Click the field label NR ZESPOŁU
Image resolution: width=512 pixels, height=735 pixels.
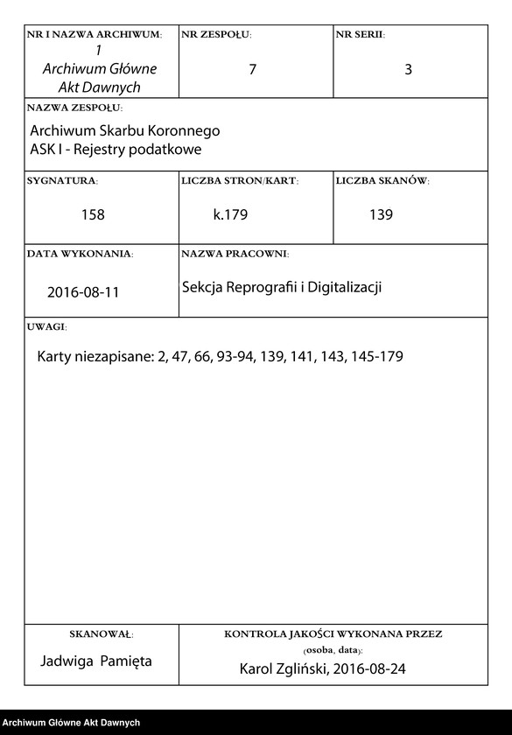[x=215, y=34]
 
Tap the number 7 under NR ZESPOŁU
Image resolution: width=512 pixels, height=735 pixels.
[x=252, y=70]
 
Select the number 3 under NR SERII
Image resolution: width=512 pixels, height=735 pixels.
[x=408, y=70]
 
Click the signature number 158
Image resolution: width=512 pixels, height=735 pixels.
[x=93, y=214]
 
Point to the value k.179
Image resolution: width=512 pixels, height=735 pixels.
[x=231, y=214]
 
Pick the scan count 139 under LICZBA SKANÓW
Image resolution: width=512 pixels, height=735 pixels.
[x=381, y=214]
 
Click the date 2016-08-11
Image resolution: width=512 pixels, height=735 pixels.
[x=83, y=292]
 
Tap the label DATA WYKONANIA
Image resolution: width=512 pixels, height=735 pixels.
[x=80, y=254]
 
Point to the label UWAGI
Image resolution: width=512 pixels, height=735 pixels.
[x=46, y=326]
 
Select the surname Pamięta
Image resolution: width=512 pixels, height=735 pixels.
[x=126, y=661]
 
